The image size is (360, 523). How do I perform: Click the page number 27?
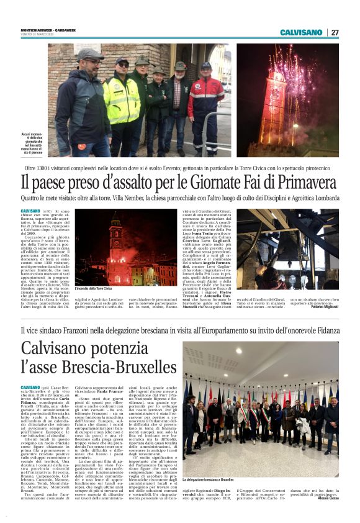tap(335, 32)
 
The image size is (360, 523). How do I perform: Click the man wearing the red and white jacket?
tap(205, 102)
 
